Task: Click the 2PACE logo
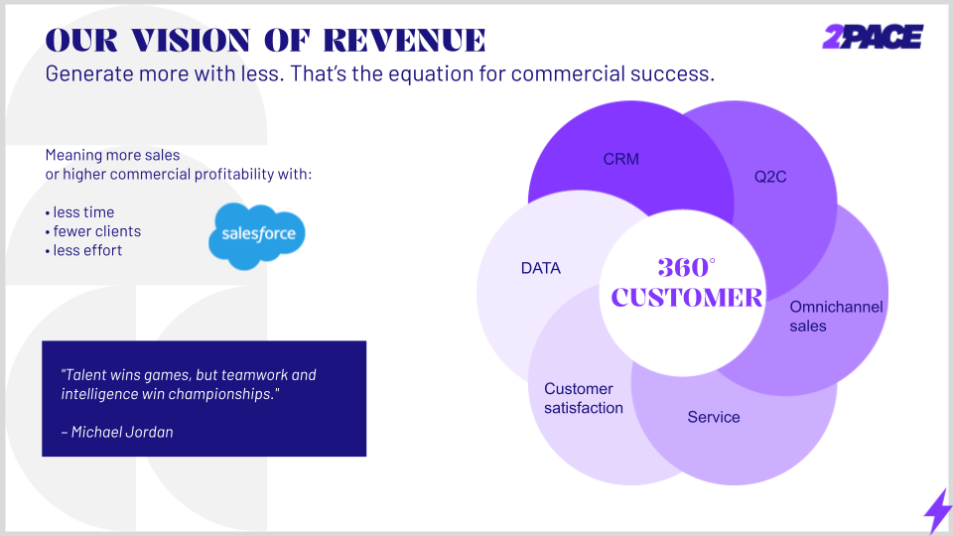(x=873, y=37)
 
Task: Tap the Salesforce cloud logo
(x=257, y=236)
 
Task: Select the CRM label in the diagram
(x=621, y=159)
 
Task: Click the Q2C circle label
(x=770, y=177)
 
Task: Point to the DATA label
(x=540, y=268)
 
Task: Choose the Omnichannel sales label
(x=836, y=316)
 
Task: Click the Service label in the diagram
(x=714, y=417)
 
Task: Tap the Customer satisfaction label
(x=584, y=398)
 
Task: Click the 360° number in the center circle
(x=686, y=267)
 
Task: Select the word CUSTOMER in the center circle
(x=687, y=298)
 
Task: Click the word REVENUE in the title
(x=404, y=41)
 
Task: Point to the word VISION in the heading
(x=191, y=41)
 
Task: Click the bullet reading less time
(x=79, y=212)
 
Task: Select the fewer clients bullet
(x=93, y=231)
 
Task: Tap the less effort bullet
(x=83, y=250)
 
